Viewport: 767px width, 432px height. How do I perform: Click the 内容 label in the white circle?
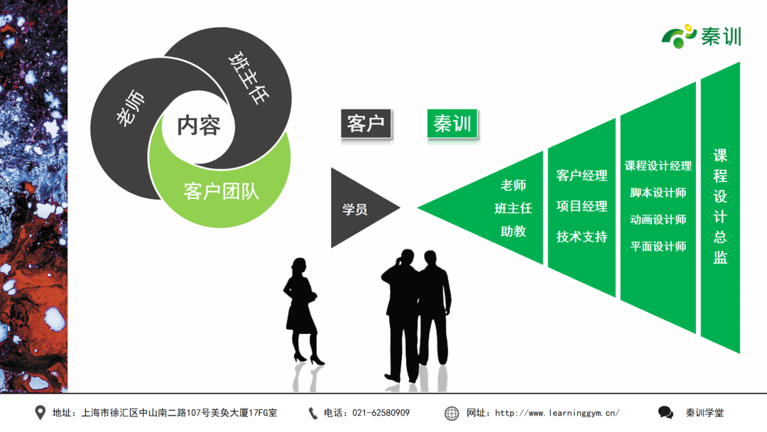(199, 126)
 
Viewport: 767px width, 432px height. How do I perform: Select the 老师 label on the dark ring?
(131, 108)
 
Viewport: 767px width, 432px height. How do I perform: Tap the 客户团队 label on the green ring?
(221, 191)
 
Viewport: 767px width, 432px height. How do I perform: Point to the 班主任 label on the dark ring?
(249, 77)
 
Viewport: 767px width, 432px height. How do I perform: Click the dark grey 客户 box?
(366, 124)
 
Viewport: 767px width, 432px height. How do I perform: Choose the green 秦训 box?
(452, 124)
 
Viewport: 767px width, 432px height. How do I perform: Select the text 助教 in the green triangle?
(513, 231)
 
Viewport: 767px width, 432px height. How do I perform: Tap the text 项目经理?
(582, 206)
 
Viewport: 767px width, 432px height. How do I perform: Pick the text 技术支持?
(582, 237)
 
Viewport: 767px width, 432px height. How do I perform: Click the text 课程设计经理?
(658, 166)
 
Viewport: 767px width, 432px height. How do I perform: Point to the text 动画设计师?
(658, 219)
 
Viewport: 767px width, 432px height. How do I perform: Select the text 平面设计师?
(658, 246)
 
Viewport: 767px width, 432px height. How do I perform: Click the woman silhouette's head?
(299, 266)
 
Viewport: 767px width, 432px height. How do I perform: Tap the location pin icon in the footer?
(40, 413)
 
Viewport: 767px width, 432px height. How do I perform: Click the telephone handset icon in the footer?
(312, 414)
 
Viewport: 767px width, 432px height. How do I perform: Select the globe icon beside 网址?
(452, 414)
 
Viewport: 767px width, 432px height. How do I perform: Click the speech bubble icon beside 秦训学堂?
(665, 413)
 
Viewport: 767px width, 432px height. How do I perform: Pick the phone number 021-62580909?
(381, 413)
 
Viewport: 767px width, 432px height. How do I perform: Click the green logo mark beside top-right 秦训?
(679, 36)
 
